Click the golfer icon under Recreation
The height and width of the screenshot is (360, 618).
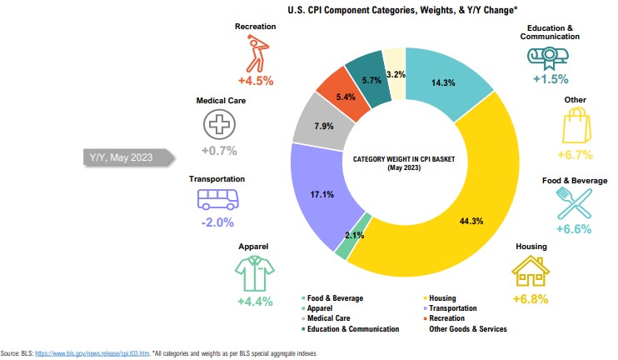pyautogui.click(x=257, y=53)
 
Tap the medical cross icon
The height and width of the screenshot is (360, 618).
pyautogui.click(x=219, y=124)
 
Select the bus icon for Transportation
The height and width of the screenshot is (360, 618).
pyautogui.click(x=217, y=199)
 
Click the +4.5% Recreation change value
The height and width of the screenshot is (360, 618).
pyautogui.click(x=256, y=82)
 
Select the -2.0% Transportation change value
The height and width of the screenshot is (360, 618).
pyautogui.click(x=217, y=222)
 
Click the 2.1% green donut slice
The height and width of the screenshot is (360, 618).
pyautogui.click(x=343, y=247)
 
